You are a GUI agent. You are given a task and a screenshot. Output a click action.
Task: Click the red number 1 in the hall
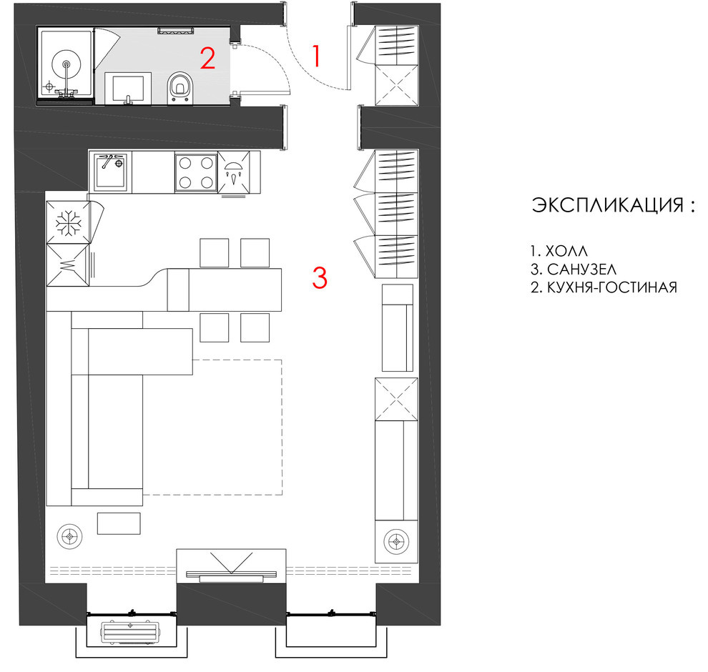[317, 56]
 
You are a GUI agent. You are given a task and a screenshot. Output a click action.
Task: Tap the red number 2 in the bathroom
[207, 58]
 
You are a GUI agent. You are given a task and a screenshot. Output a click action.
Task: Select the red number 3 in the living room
[320, 277]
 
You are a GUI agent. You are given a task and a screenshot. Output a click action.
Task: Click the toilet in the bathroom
[180, 88]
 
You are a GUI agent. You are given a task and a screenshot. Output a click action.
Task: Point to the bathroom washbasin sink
[128, 89]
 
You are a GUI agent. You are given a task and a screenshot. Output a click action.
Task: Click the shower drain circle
[67, 64]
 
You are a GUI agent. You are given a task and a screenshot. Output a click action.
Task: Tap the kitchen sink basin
[110, 172]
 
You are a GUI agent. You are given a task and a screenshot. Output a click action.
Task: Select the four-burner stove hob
[196, 172]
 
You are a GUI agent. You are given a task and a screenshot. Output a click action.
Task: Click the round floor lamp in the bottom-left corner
[69, 537]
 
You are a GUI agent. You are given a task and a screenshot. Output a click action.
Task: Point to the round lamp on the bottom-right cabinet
[396, 541]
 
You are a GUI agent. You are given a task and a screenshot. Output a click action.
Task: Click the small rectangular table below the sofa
[119, 523]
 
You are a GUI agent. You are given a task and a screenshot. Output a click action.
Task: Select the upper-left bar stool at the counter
[214, 253]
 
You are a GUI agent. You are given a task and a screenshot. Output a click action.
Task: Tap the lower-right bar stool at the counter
[255, 327]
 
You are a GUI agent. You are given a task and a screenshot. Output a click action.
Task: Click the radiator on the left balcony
[130, 632]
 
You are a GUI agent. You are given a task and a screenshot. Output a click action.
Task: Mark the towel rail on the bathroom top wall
[176, 30]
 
